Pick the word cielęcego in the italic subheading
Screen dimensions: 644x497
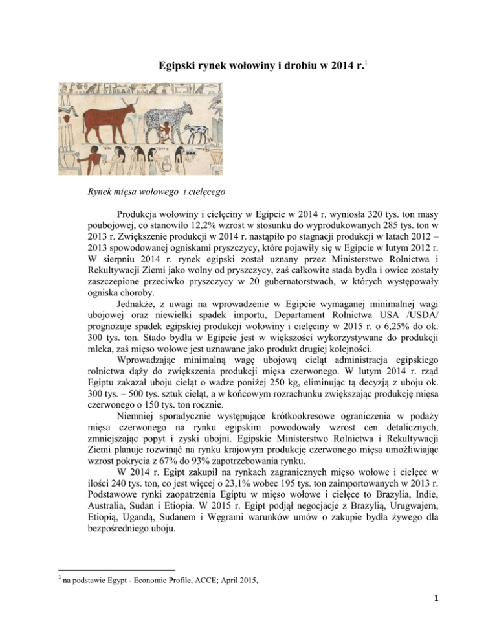[184, 192]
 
